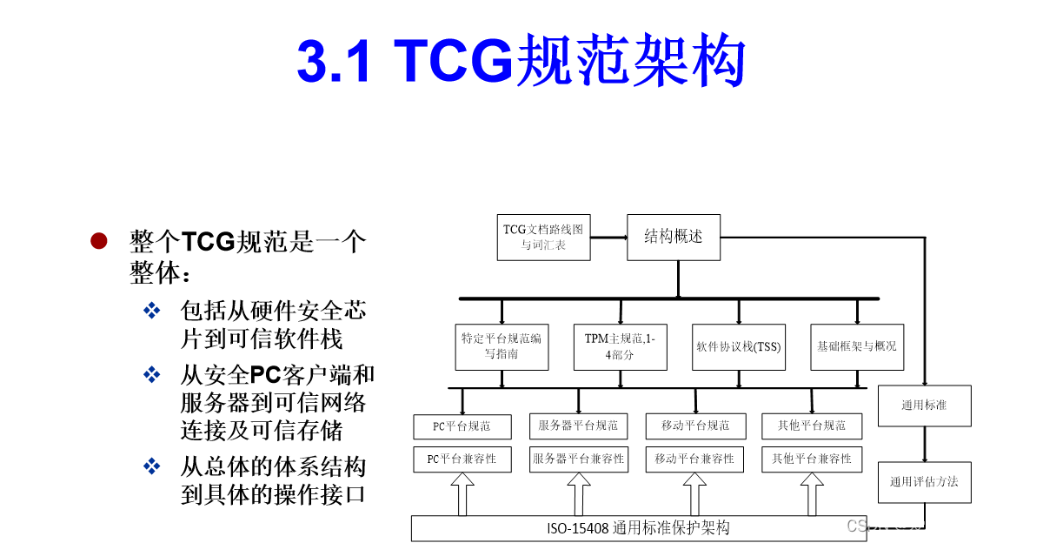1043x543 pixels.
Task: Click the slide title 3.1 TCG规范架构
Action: pos(521,63)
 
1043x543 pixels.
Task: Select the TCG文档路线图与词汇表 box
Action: pos(543,237)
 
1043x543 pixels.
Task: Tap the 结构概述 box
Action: pos(674,237)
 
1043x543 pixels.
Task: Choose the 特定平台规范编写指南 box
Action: pos(501,346)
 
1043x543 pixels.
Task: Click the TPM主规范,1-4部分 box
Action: pos(620,346)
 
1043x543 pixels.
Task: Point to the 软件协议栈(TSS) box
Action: pos(739,346)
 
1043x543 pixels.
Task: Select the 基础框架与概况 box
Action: pos(856,346)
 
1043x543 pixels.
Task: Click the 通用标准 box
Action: pos(924,406)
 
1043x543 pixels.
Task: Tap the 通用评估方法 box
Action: pos(924,481)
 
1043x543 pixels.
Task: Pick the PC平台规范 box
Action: pos(462,426)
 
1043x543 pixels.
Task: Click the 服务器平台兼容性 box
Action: pos(579,459)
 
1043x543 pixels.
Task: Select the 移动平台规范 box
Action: pos(695,426)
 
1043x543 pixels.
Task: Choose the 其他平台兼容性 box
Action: pos(812,459)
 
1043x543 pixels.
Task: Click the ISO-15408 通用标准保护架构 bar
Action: pos(638,528)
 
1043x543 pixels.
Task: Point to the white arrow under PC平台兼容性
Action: pos(462,495)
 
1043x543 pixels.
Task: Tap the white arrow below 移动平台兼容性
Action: pos(695,495)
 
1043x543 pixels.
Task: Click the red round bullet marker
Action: pos(99,241)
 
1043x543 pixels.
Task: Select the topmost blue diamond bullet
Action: pos(152,311)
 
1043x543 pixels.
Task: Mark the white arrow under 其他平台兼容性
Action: pos(812,495)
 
